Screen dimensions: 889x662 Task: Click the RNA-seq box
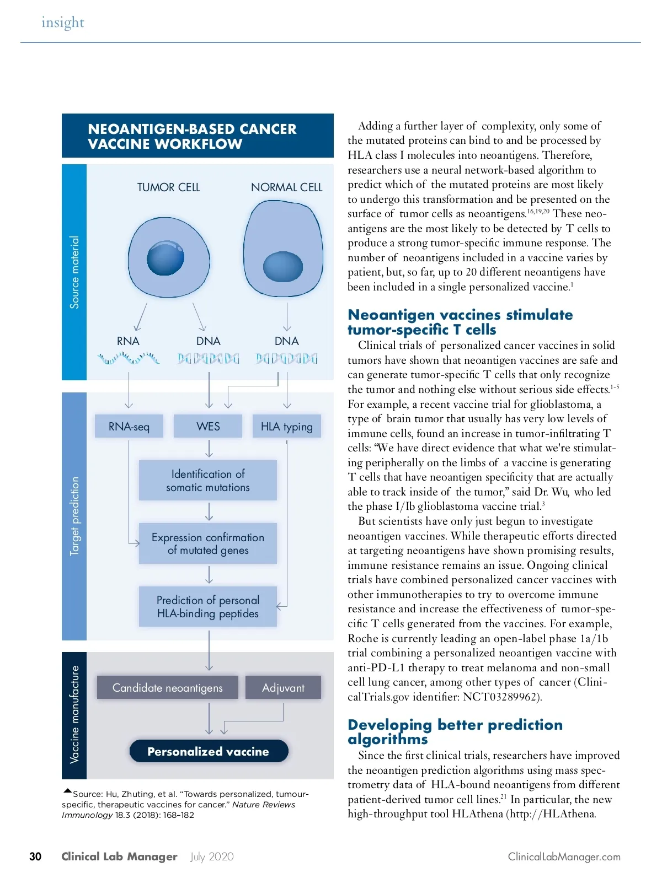coord(129,427)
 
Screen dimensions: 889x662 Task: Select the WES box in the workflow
coord(208,427)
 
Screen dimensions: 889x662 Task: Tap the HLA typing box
coord(287,427)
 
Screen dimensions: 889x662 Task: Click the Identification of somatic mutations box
coord(208,481)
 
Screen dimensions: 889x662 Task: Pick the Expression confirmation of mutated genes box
coord(208,543)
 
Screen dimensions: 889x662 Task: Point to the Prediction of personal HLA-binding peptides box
coord(208,607)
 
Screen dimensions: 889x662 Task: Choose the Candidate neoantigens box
coord(168,688)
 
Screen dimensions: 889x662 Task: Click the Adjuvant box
coord(283,688)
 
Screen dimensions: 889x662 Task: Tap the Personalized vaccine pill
coord(209,751)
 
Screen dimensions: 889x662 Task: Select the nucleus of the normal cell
coord(283,267)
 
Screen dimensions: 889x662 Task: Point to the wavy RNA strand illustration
coord(129,359)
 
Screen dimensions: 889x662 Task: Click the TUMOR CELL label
coord(169,187)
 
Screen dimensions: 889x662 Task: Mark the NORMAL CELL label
coord(287,187)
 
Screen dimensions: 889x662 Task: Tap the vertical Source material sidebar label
coord(74,272)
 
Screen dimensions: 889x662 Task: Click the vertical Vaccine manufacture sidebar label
coord(74,714)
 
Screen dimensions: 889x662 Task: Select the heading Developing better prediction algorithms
coord(455,732)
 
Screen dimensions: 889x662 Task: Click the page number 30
coord(35,856)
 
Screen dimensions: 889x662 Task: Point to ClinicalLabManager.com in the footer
coord(564,857)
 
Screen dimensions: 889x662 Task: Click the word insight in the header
coord(63,23)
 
